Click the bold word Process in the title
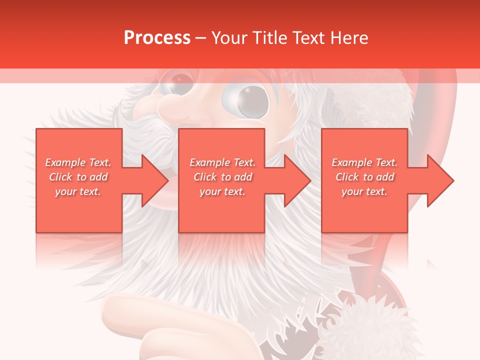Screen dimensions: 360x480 (157, 38)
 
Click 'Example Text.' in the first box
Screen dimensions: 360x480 (78, 162)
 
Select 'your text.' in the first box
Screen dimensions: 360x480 (78, 191)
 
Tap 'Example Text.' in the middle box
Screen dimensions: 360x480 (222, 162)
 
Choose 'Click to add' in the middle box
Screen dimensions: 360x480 (222, 177)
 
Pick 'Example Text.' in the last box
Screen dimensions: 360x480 (364, 162)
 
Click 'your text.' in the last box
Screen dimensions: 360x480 (364, 191)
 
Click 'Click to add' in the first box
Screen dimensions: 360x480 (78, 177)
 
